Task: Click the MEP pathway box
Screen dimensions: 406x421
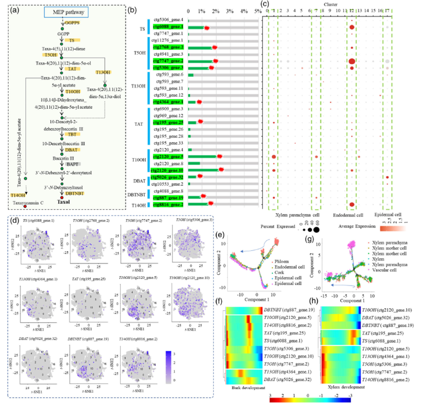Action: click(66, 12)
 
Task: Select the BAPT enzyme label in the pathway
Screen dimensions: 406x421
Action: click(72, 164)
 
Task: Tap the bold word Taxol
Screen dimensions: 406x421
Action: click(63, 202)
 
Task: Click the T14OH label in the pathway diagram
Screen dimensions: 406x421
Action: click(18, 195)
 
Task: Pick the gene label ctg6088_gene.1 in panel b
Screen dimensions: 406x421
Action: click(168, 27)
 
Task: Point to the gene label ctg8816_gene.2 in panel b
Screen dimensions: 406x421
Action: click(168, 204)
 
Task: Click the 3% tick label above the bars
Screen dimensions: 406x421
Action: click(230, 11)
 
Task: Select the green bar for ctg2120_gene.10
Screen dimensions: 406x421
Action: click(203, 170)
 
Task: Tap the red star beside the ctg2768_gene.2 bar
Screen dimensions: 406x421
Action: click(214, 47)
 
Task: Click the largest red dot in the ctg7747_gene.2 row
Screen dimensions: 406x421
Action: click(352, 61)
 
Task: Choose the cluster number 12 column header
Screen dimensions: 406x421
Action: click(352, 11)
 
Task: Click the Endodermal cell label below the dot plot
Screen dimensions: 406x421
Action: click(348, 215)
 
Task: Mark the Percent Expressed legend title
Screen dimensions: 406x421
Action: click(278, 227)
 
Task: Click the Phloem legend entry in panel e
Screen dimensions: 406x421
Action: click(282, 261)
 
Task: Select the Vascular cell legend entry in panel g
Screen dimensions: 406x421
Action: click(384, 270)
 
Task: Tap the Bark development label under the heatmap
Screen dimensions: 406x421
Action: click(248, 388)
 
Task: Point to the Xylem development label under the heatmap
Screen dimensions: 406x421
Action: click(346, 387)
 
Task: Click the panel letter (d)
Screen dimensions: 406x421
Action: click(14, 220)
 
